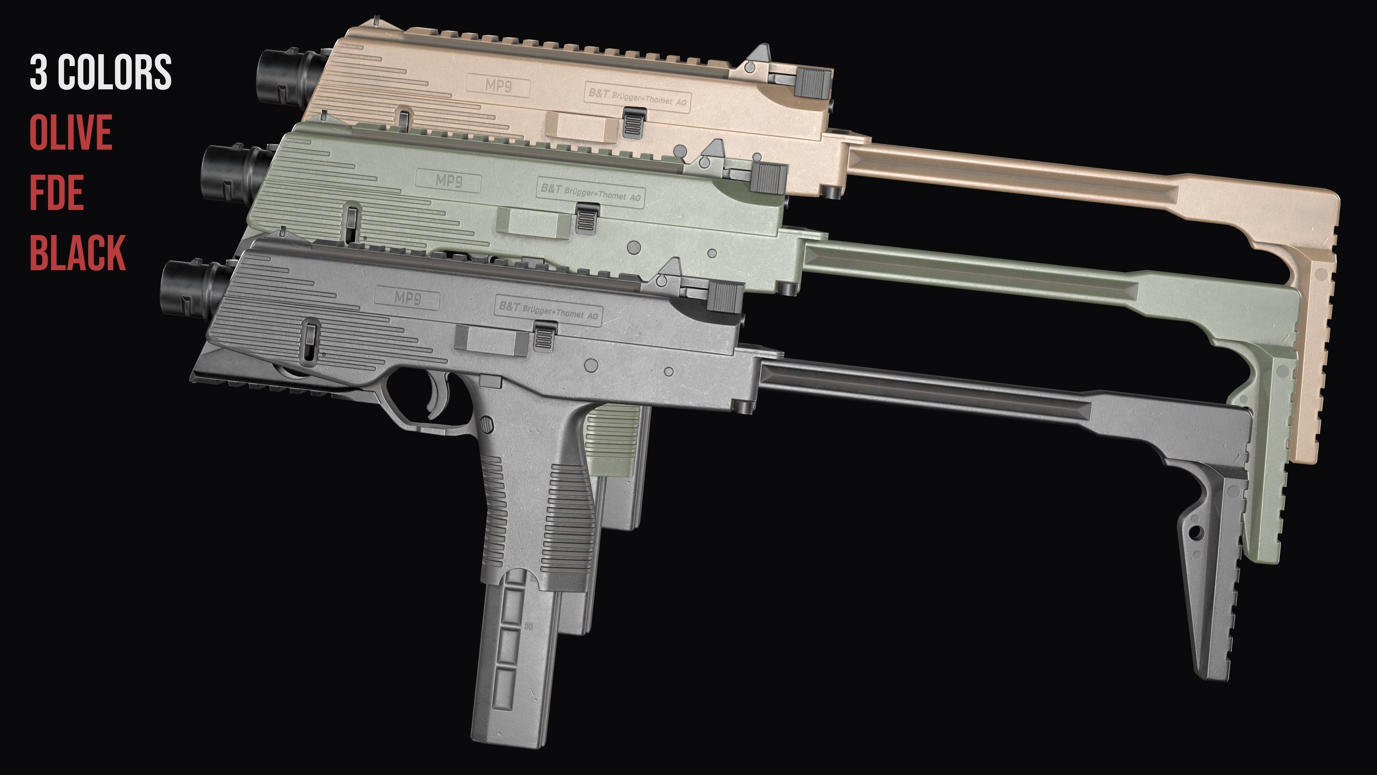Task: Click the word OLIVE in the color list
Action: [x=71, y=132]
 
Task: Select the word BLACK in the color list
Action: [x=77, y=253]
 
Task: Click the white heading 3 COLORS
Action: [x=100, y=72]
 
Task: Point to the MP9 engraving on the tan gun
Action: [x=498, y=86]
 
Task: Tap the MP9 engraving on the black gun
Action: [x=407, y=297]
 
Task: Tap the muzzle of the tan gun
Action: [x=278, y=76]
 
